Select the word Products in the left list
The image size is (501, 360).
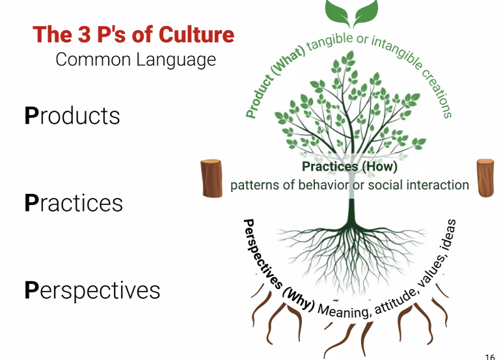point(72,116)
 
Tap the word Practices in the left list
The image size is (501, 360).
point(74,202)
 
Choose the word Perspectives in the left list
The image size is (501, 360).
point(92,290)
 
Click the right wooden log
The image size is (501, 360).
point(486,176)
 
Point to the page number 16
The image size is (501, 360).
point(490,356)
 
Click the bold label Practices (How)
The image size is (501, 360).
point(349,167)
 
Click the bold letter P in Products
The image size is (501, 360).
point(32,116)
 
